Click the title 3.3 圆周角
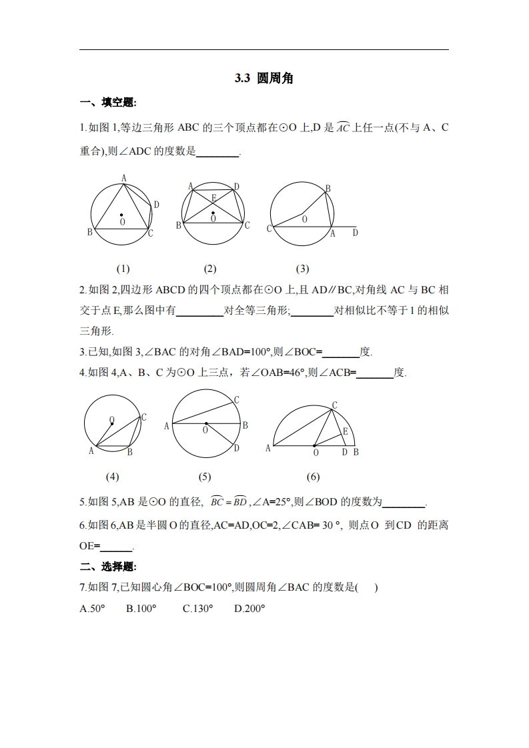point(264,79)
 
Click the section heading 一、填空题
point(107,102)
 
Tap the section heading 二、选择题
point(107,567)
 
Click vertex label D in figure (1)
point(156,205)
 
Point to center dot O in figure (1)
point(121,215)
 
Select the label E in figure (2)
point(213,197)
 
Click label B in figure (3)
point(328,189)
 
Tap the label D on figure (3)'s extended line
point(355,233)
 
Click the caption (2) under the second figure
point(210,269)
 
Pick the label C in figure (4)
point(144,417)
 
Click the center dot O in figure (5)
point(205,423)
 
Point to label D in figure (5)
point(236,448)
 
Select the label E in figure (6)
point(345,431)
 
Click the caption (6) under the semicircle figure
point(313,477)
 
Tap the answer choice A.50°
point(92,608)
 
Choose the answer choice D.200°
point(249,608)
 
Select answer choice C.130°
point(197,608)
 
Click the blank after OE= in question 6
point(116,547)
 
